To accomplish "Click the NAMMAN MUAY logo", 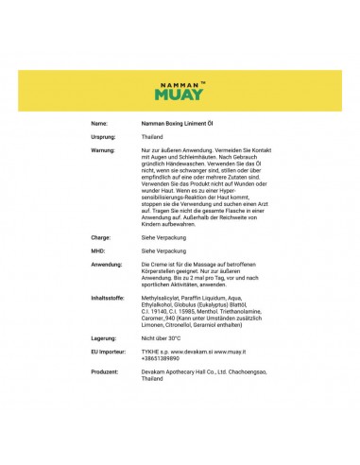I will (x=180, y=92).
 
